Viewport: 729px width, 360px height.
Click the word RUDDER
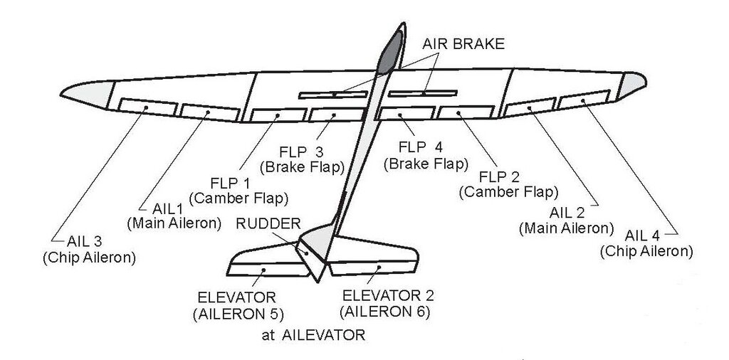pos(269,222)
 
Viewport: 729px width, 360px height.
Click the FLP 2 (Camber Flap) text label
pos(508,184)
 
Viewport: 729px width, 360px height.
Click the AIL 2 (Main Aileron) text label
pos(566,221)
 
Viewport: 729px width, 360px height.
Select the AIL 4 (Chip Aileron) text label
pos(646,243)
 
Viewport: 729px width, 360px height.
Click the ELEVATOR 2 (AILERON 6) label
pos(387,303)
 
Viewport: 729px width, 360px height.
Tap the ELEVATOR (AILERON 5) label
pos(237,305)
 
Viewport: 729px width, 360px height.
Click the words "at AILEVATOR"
pos(313,334)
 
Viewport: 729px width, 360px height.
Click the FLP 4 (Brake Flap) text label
pos(426,157)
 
